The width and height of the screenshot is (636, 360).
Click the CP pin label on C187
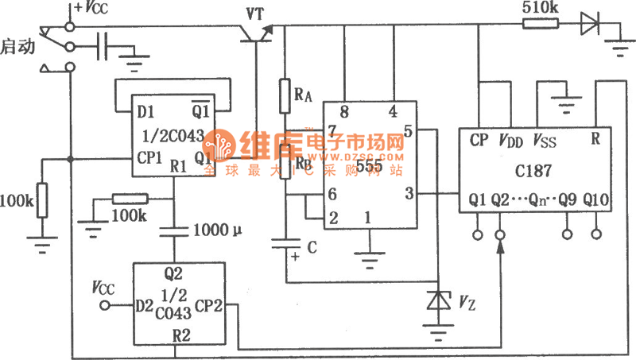478,140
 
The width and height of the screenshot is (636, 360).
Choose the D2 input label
143,304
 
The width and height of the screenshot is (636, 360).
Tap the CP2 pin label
208,304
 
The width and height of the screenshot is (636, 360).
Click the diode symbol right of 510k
589,24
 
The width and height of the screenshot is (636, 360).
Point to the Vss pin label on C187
545,140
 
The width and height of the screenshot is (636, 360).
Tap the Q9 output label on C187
567,199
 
